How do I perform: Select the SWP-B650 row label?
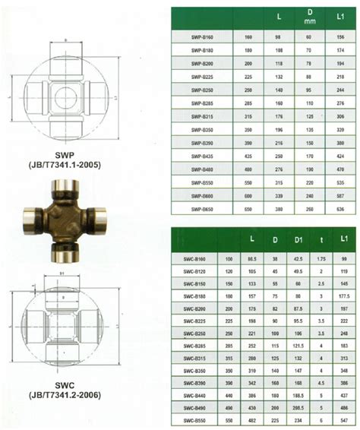(x=195, y=207)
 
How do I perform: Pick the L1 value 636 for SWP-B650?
(x=339, y=207)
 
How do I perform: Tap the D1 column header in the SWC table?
(x=298, y=241)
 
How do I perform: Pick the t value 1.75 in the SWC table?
(x=321, y=258)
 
